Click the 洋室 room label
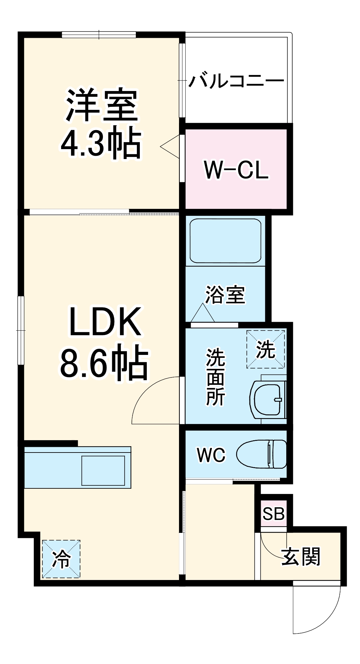tap(101, 105)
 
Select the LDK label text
tap(105, 322)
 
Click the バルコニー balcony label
tap(236, 81)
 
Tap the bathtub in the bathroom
tap(225, 241)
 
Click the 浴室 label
tap(225, 294)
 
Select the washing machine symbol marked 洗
tap(266, 349)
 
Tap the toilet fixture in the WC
tap(262, 454)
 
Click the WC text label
tap(211, 455)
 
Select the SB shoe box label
tap(273, 514)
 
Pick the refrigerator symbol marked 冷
tap(61, 559)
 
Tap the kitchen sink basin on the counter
tap(103, 470)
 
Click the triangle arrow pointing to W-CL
tap(170, 146)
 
